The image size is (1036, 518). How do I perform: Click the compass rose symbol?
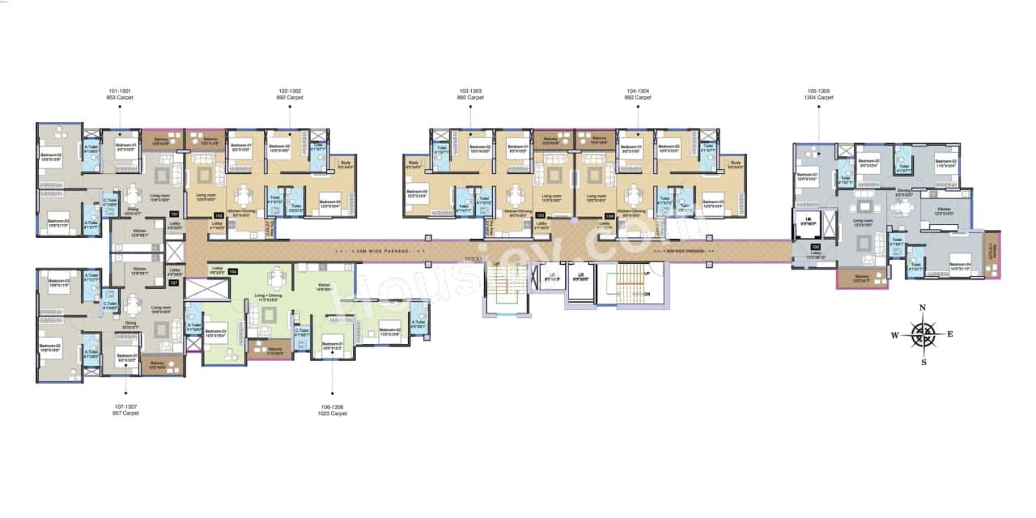pos(923,333)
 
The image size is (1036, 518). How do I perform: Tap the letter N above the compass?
pos(923,308)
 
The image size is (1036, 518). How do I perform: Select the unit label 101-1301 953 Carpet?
pos(121,94)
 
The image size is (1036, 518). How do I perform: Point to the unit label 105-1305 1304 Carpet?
pos(819,94)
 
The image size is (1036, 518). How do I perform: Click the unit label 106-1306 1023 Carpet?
pos(333,410)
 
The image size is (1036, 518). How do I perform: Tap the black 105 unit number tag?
pos(816,247)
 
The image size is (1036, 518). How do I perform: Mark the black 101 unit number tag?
pos(173,214)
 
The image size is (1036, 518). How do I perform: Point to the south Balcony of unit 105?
pos(863,278)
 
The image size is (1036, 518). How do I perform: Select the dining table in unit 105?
pos(902,206)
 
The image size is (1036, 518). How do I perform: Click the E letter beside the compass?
pos(950,333)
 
